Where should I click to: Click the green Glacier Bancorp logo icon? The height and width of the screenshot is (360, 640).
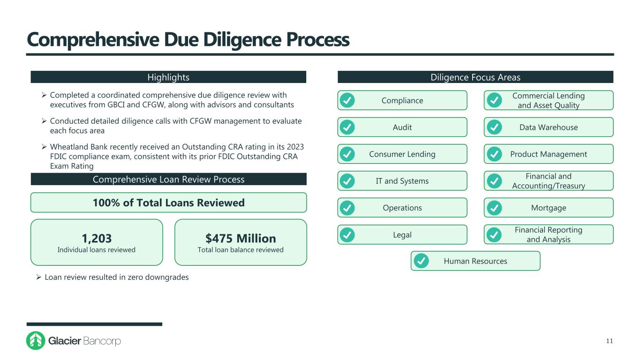click(36, 341)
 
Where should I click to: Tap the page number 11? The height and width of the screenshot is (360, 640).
click(609, 341)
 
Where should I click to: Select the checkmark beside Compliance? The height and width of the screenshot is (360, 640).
click(347, 100)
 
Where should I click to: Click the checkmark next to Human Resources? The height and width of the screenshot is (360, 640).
click(421, 261)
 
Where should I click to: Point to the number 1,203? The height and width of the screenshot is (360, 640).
click(96, 238)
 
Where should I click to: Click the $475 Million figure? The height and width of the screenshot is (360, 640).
click(241, 238)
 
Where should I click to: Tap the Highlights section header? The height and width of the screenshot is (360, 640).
click(168, 77)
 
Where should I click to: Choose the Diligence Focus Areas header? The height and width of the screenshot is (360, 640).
click(475, 77)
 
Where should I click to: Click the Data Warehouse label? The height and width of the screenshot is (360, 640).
click(549, 127)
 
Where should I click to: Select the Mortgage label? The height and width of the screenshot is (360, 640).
click(549, 208)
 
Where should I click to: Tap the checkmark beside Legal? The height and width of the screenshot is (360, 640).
click(347, 234)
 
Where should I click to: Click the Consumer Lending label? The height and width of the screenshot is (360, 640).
click(402, 154)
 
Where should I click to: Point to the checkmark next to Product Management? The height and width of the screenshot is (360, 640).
click(493, 154)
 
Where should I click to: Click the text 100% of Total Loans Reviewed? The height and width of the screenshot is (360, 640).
click(168, 202)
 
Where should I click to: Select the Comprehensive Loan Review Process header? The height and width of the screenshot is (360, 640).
click(168, 179)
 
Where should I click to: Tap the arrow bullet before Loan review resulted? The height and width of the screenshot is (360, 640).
click(39, 277)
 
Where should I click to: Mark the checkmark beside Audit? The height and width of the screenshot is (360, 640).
click(347, 127)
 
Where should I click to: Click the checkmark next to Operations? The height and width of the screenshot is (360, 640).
click(347, 208)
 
